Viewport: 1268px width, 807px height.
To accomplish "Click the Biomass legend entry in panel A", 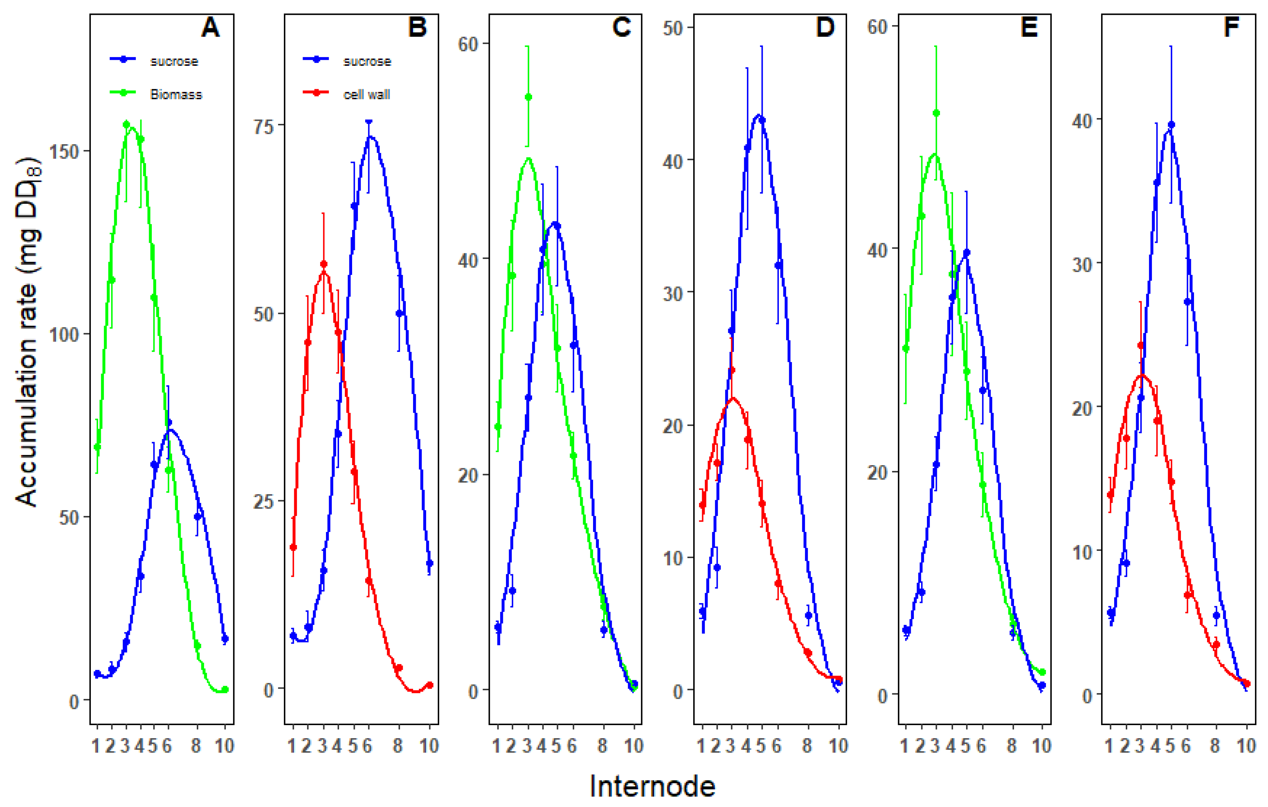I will pos(175,94).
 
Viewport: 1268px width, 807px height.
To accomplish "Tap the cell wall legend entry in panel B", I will pos(367,94).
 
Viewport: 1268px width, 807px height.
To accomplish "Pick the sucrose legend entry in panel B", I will pos(367,61).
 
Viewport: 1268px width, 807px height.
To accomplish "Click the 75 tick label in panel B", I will pos(264,126).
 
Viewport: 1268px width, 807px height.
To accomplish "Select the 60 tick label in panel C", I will pos(468,44).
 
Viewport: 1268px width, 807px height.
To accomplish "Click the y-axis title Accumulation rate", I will pos(28,332).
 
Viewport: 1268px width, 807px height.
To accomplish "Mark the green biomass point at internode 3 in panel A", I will pos(126,124).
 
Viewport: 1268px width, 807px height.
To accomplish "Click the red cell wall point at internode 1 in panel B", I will pos(293,547).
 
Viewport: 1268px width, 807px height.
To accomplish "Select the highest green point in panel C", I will pos(528,97).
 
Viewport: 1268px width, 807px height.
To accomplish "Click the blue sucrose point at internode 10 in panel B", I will pos(430,563).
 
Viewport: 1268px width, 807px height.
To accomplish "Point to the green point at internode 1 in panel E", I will pos(906,348).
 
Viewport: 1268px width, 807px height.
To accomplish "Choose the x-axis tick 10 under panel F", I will pos(1246,745).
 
